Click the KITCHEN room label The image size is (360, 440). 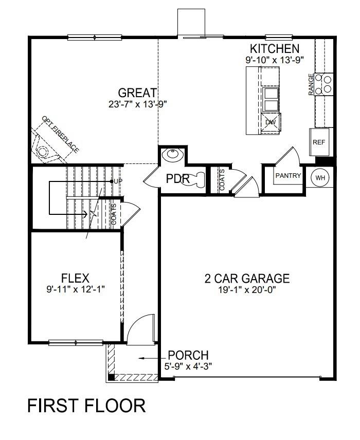click(x=274, y=49)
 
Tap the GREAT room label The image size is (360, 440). click(x=137, y=93)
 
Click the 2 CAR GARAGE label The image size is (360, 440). click(x=247, y=279)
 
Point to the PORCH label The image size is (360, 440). click(x=188, y=355)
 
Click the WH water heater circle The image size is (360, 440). click(x=320, y=178)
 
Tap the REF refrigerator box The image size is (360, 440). click(x=319, y=142)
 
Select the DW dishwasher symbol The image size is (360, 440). click(x=271, y=122)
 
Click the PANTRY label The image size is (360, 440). click(x=288, y=176)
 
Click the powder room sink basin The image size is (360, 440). click(x=170, y=155)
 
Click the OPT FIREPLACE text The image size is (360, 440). click(x=61, y=134)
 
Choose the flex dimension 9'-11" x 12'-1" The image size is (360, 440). click(x=75, y=289)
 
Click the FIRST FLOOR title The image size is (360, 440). click(x=86, y=406)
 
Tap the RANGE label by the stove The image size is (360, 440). click(x=311, y=84)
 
